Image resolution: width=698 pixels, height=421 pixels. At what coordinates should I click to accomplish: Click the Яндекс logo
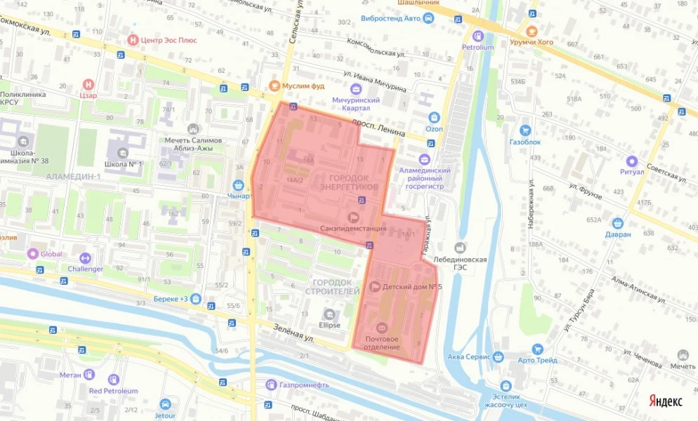(x=665, y=401)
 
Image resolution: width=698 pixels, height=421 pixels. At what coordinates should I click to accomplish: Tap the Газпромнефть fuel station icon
(x=271, y=385)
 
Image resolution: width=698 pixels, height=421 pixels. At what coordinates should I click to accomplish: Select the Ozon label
(x=434, y=129)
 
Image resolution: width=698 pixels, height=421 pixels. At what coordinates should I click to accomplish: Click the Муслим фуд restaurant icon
(x=275, y=86)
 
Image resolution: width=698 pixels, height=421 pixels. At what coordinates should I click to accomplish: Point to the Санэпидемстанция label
(x=353, y=228)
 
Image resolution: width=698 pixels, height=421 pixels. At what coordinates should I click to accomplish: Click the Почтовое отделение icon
(x=382, y=328)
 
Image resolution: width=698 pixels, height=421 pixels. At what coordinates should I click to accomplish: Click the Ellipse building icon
(x=329, y=314)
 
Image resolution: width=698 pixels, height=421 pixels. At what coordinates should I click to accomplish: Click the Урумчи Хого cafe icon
(x=532, y=31)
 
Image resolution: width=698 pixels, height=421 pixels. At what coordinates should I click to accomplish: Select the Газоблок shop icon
(x=525, y=131)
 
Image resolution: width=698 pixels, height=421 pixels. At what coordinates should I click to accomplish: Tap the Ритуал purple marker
(x=631, y=161)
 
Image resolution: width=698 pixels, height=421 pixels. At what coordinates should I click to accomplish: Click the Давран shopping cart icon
(x=618, y=222)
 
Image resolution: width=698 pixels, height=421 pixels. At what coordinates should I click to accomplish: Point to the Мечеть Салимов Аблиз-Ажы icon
(x=193, y=129)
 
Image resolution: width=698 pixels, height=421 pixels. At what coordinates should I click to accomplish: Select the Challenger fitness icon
(x=86, y=258)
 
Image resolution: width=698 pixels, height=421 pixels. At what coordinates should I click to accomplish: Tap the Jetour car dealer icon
(x=165, y=404)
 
